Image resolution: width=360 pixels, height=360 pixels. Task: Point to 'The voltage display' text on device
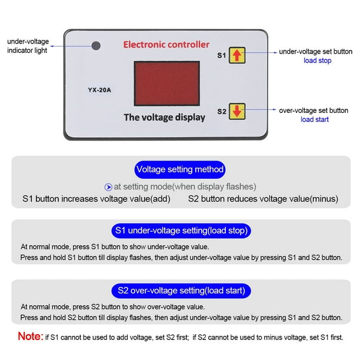pyautogui.click(x=164, y=117)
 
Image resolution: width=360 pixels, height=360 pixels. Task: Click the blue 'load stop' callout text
pyautogui.click(x=317, y=61)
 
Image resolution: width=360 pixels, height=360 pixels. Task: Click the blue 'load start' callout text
pyautogui.click(x=315, y=119)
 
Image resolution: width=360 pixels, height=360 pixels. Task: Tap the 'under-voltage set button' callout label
pyautogui.click(x=315, y=52)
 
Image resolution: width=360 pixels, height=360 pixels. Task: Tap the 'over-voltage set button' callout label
pyautogui.click(x=313, y=110)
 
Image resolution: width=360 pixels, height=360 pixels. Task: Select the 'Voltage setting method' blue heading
pyautogui.click(x=180, y=169)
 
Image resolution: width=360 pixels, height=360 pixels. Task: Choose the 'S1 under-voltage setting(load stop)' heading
pyautogui.click(x=181, y=230)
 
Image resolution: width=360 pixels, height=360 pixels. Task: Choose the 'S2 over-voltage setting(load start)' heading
pyautogui.click(x=181, y=291)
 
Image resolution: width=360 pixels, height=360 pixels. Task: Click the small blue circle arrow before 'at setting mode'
pyautogui.click(x=108, y=187)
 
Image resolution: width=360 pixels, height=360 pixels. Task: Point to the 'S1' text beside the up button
pyautogui.click(x=221, y=56)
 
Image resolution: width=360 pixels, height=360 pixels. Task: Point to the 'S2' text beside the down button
pyautogui.click(x=221, y=111)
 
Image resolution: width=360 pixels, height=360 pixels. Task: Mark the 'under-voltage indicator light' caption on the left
pyautogui.click(x=28, y=46)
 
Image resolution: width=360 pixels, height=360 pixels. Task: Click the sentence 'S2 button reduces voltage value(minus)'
pyautogui.click(x=263, y=199)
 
